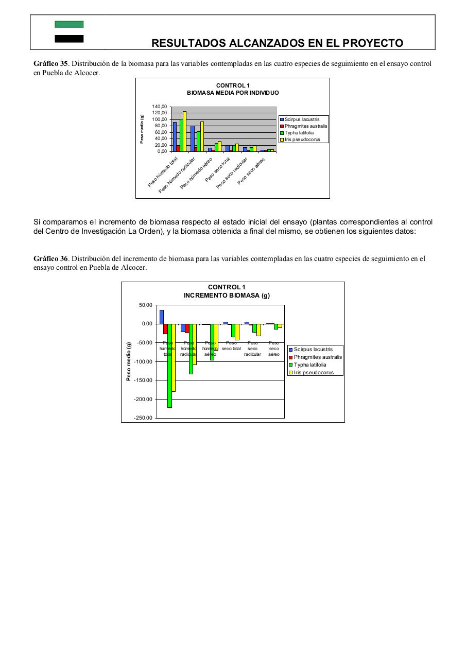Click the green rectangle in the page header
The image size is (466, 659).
coord(69,24)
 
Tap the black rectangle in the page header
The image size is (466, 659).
coord(69,39)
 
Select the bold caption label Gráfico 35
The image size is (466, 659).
coord(50,63)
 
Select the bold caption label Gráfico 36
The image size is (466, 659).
coord(50,258)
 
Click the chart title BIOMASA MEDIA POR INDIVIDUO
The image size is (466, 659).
coord(233,93)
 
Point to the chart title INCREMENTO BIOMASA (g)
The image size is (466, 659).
coord(227,296)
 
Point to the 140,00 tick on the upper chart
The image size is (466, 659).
coord(160,107)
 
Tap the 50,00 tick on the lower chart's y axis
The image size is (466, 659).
coord(146,305)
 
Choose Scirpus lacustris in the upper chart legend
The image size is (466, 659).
coord(305,119)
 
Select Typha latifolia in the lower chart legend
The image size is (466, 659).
coord(310,365)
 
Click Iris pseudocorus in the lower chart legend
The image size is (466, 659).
coord(314,372)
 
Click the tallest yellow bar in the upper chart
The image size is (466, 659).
coord(184,131)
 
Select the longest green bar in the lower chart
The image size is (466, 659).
coord(169,366)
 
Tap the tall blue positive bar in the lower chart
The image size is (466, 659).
coord(161,317)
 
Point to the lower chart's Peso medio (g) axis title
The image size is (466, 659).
coord(129,361)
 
